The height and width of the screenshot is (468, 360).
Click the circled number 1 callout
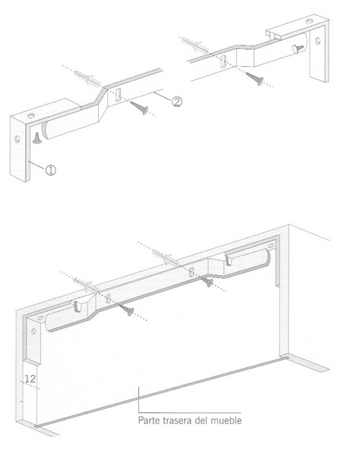tap(50, 171)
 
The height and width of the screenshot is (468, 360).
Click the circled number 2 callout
tap(176, 102)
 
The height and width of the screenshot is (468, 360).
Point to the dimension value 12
tap(30, 379)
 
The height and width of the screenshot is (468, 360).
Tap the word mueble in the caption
tap(226, 420)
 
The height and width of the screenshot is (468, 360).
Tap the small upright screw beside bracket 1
tap(37, 138)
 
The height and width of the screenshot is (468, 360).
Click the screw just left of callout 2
tap(140, 108)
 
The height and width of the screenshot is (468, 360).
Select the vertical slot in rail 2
tap(118, 94)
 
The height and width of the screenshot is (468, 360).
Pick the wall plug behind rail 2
tap(86, 77)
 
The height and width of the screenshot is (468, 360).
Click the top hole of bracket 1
tap(31, 115)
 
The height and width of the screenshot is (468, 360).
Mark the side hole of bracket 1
tap(17, 139)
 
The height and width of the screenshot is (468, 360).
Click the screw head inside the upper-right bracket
tap(297, 48)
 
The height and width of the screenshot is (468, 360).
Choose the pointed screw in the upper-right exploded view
tap(255, 78)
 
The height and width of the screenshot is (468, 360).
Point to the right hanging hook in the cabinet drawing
tap(229, 260)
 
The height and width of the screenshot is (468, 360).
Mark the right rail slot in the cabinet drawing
tap(192, 272)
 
